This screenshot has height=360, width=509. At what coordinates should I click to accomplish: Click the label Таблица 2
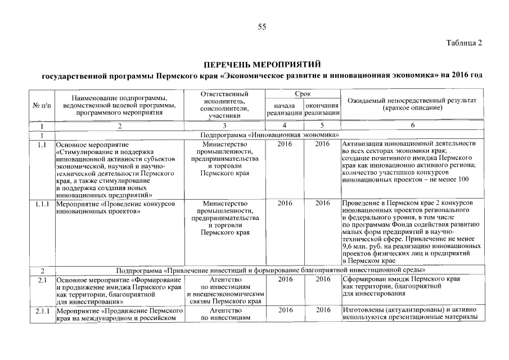(x=464, y=43)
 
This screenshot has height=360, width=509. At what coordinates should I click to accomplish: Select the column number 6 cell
(x=412, y=125)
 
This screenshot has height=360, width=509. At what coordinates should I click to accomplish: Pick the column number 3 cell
(x=224, y=125)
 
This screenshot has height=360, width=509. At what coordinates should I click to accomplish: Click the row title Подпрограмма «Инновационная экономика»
(x=269, y=135)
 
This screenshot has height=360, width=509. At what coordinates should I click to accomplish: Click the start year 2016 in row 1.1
(x=285, y=144)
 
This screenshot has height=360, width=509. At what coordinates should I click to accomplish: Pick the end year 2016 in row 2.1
(x=322, y=280)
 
